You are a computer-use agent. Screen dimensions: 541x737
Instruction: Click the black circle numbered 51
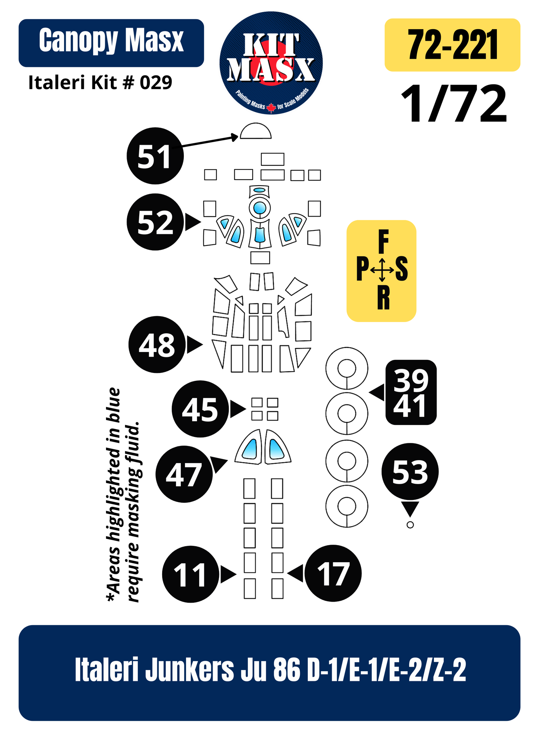pos(155,156)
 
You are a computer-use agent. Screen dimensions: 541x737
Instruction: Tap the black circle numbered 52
pos(155,222)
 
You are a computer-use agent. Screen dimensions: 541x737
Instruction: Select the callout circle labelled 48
pos(157,345)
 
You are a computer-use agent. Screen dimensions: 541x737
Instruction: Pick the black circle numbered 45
pos(200,409)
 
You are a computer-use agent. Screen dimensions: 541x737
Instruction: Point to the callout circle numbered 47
pos(184,474)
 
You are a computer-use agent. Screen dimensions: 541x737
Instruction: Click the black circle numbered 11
pos(191,574)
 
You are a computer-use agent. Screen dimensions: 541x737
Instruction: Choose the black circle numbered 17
pos(333,574)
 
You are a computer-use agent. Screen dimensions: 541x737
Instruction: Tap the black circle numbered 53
pos(410,472)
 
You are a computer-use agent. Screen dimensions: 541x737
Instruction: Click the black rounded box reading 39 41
pos(411,392)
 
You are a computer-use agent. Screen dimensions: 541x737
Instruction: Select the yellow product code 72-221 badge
pos(453,45)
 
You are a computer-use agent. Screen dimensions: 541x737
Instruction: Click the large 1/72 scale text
pos(454,104)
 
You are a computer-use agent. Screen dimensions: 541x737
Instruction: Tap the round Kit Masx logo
pos(271,63)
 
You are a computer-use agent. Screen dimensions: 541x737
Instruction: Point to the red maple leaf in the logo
pos(271,108)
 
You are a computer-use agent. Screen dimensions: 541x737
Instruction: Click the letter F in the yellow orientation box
pos(383,242)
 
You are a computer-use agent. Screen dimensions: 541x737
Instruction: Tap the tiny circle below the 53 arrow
pos(410,525)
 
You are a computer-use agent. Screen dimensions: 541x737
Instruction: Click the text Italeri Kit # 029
pos(100,83)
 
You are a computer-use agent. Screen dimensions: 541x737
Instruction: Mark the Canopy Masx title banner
pos(111,43)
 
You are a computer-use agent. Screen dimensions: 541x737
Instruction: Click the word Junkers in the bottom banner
pos(190,669)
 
